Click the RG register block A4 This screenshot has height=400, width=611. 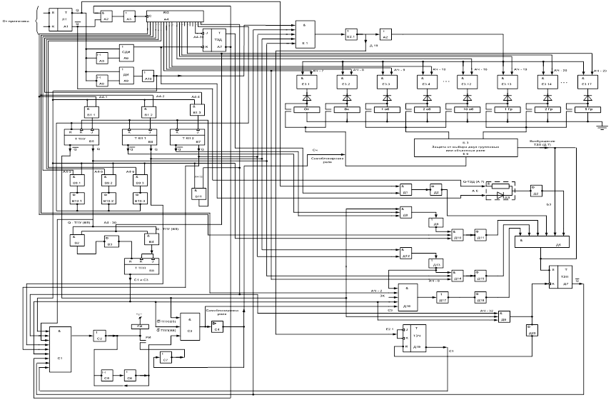pyautogui.click(x=176, y=16)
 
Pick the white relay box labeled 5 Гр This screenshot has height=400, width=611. pyautogui.click(x=587, y=109)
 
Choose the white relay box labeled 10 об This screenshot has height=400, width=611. pyautogui.click(x=468, y=109)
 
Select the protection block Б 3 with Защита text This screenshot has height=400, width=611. pyautogui.click(x=468, y=148)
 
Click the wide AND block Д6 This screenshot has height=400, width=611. pyautogui.click(x=542, y=243)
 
